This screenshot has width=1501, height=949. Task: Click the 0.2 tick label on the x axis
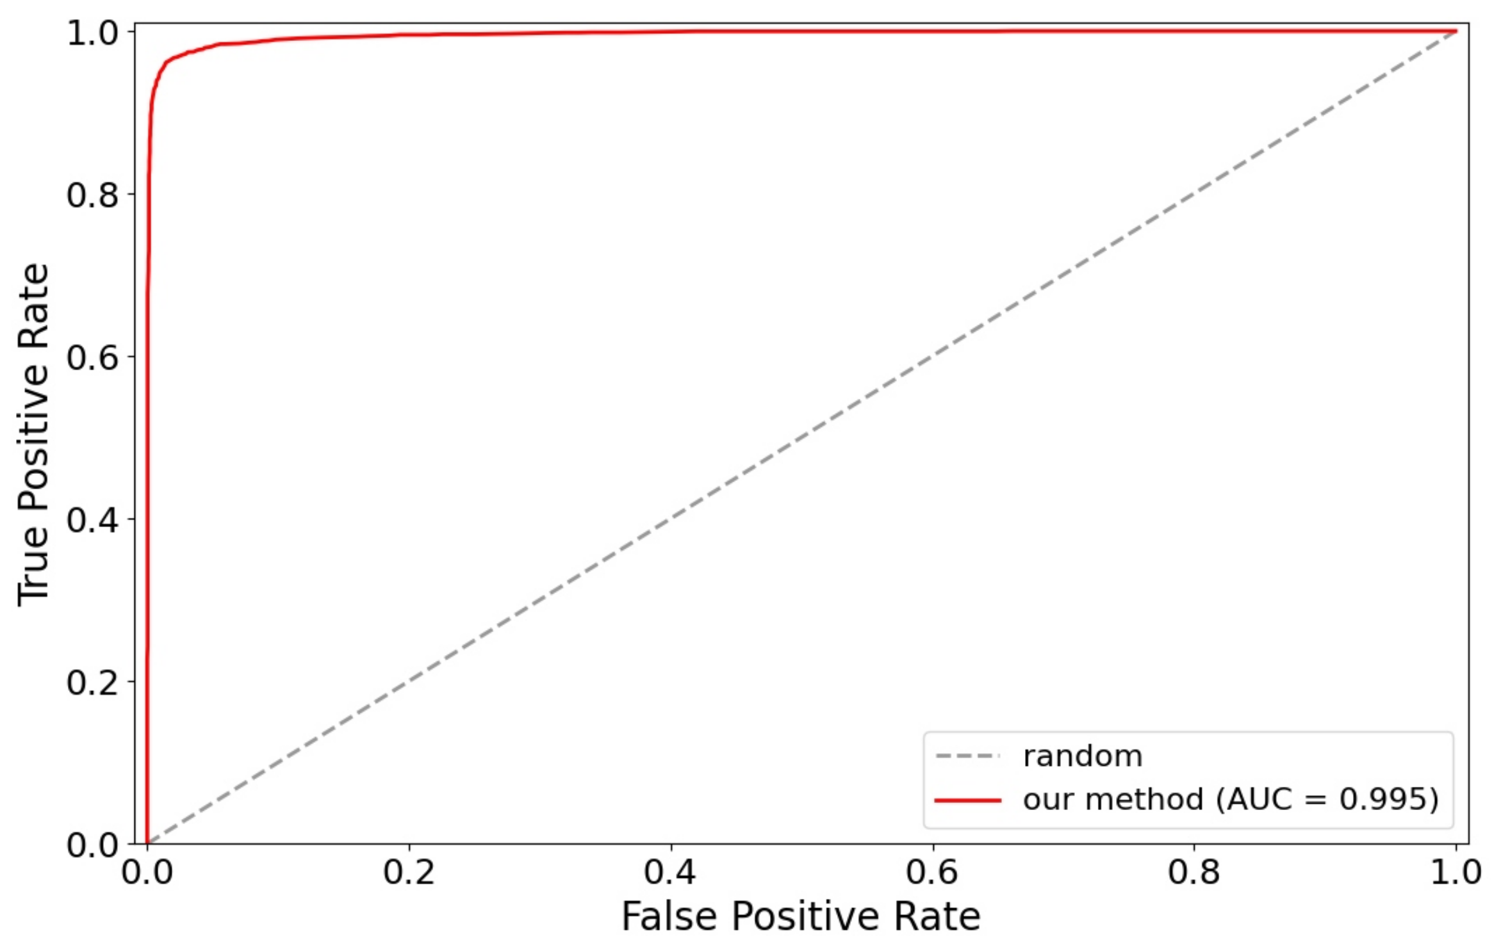pyautogui.click(x=409, y=873)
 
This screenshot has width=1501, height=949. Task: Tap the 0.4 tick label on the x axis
pyautogui.click(x=670, y=873)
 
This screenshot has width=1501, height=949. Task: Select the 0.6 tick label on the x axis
pyautogui.click(x=932, y=873)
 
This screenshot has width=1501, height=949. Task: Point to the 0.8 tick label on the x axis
pyautogui.click(x=1194, y=873)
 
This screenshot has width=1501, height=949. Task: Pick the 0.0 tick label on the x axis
pyautogui.click(x=147, y=873)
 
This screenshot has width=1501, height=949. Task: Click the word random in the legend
pyautogui.click(x=1083, y=756)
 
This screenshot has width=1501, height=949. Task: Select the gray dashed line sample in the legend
pyautogui.click(x=967, y=756)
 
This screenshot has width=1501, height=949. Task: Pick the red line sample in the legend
pyautogui.click(x=967, y=800)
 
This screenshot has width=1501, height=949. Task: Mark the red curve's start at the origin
pyautogui.click(x=147, y=842)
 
